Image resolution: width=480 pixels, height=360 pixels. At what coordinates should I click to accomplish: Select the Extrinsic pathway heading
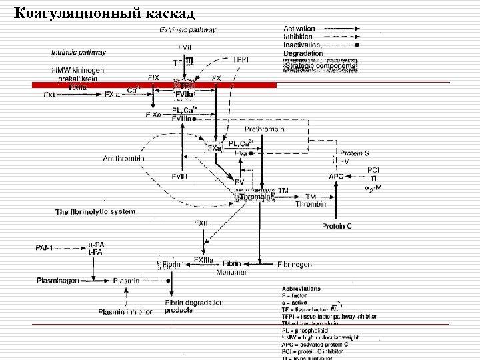pos(188,30)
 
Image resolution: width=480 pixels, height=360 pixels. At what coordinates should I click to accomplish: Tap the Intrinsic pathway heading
pos(79,51)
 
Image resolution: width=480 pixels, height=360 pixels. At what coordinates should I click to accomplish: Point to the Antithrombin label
pos(123,158)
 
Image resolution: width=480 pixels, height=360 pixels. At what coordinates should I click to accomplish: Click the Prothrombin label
pos(265,129)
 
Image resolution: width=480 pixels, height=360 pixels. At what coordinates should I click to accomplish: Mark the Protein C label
pos(337,227)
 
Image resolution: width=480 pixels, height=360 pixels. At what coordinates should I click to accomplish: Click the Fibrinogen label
pos(295,265)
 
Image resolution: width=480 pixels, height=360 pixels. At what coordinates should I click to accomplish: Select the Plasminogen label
pos(57,281)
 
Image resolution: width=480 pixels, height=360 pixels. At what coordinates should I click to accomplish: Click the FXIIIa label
pos(204,259)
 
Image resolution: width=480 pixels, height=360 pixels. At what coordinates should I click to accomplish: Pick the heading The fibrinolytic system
pos(95,212)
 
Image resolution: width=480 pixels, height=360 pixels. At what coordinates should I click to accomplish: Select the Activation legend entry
pos(299,29)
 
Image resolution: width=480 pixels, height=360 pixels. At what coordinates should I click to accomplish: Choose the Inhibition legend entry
pos(298,37)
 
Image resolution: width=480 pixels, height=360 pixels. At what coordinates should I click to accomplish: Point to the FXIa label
pos(113,95)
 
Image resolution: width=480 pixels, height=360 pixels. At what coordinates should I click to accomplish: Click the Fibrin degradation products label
pos(194,306)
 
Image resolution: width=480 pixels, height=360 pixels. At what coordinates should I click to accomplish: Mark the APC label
pos(337,176)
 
